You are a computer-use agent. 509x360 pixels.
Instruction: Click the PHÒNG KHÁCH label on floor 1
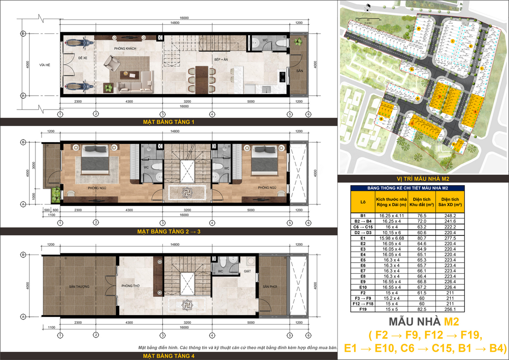click(x=125, y=49)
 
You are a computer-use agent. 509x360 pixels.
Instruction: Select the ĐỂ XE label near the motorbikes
click(x=83, y=58)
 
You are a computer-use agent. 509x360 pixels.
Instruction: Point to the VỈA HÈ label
click(x=44, y=65)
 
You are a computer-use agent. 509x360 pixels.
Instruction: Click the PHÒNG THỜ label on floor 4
click(x=131, y=286)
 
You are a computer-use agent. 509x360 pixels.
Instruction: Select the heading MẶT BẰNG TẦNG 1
click(x=168, y=121)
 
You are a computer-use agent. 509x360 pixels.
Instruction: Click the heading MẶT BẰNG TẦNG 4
click(x=168, y=356)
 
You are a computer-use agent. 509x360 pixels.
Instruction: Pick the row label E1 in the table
click(x=363, y=238)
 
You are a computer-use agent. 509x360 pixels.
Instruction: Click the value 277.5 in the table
click(x=450, y=238)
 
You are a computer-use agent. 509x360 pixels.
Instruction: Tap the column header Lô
click(x=363, y=202)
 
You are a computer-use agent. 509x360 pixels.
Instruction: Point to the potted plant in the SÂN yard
click(x=299, y=41)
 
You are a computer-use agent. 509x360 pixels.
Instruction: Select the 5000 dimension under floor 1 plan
click(x=251, y=101)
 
